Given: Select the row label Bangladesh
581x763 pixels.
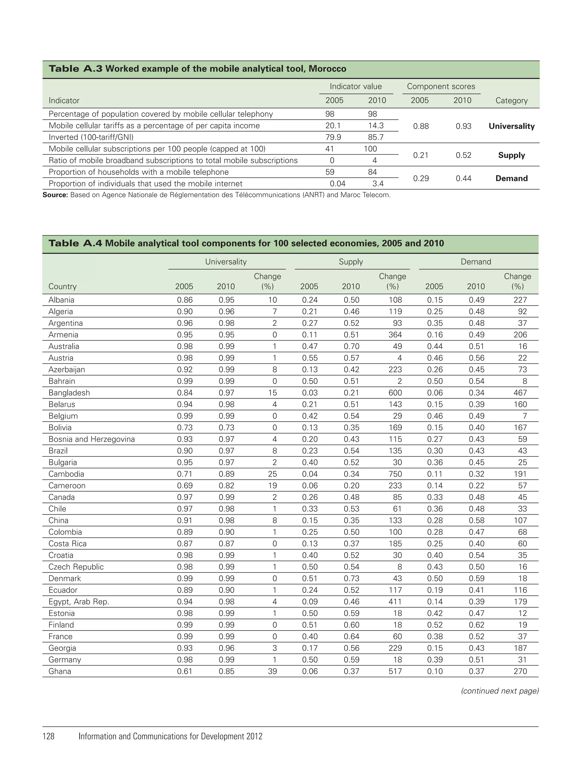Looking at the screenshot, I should pyautogui.click(x=69, y=393).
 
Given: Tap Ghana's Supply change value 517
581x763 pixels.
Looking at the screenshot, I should pyautogui.click(x=395, y=671).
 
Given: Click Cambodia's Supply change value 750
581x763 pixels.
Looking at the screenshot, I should pyautogui.click(x=395, y=474).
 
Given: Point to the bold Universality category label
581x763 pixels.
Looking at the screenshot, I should pyautogui.click(x=511, y=126).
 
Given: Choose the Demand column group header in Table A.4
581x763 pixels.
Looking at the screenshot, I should pyautogui.click(x=476, y=262).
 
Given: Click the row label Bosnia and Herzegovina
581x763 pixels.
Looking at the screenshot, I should pyautogui.click(x=92, y=439).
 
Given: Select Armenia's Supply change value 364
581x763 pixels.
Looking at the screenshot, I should pyautogui.click(x=395, y=335).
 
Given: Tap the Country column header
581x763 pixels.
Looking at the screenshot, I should pyautogui.click(x=63, y=286).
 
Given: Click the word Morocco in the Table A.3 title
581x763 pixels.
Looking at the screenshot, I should pyautogui.click(x=327, y=69).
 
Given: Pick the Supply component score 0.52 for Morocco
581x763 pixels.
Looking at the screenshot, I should pyautogui.click(x=464, y=155).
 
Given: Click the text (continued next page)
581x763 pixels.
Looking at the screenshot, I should pyautogui.click(x=500, y=691).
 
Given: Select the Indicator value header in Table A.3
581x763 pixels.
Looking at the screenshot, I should pyautogui.click(x=355, y=87).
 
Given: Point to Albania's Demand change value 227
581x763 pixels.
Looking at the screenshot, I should pyautogui.click(x=520, y=300).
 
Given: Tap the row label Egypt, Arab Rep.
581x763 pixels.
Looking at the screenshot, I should pyautogui.click(x=79, y=602).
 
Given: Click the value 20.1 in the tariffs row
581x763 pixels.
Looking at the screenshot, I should pyautogui.click(x=333, y=126).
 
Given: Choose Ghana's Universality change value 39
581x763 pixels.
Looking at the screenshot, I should pyautogui.click(x=273, y=671).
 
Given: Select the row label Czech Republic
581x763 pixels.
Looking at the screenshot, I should pyautogui.click(x=76, y=567).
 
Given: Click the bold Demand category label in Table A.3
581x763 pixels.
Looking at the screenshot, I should pyautogui.click(x=511, y=179).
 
